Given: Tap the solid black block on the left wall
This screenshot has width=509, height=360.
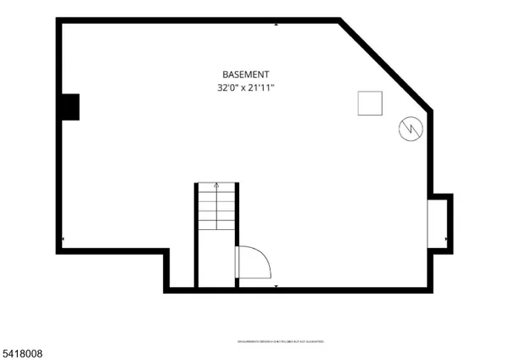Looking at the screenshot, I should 70,107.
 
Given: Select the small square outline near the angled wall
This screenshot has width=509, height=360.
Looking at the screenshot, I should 369,103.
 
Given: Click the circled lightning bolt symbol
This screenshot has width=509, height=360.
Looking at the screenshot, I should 409,129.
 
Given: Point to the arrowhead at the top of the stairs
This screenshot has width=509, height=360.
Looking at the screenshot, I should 216,184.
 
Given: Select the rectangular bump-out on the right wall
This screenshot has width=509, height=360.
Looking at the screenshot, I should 439,222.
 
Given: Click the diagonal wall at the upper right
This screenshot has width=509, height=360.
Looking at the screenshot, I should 386,65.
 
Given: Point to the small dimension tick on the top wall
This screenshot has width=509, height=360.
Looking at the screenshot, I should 276,25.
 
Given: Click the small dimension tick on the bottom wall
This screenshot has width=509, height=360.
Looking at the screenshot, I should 276,286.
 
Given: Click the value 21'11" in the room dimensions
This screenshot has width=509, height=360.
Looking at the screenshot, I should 260,87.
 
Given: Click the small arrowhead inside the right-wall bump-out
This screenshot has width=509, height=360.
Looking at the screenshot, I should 447,239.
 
